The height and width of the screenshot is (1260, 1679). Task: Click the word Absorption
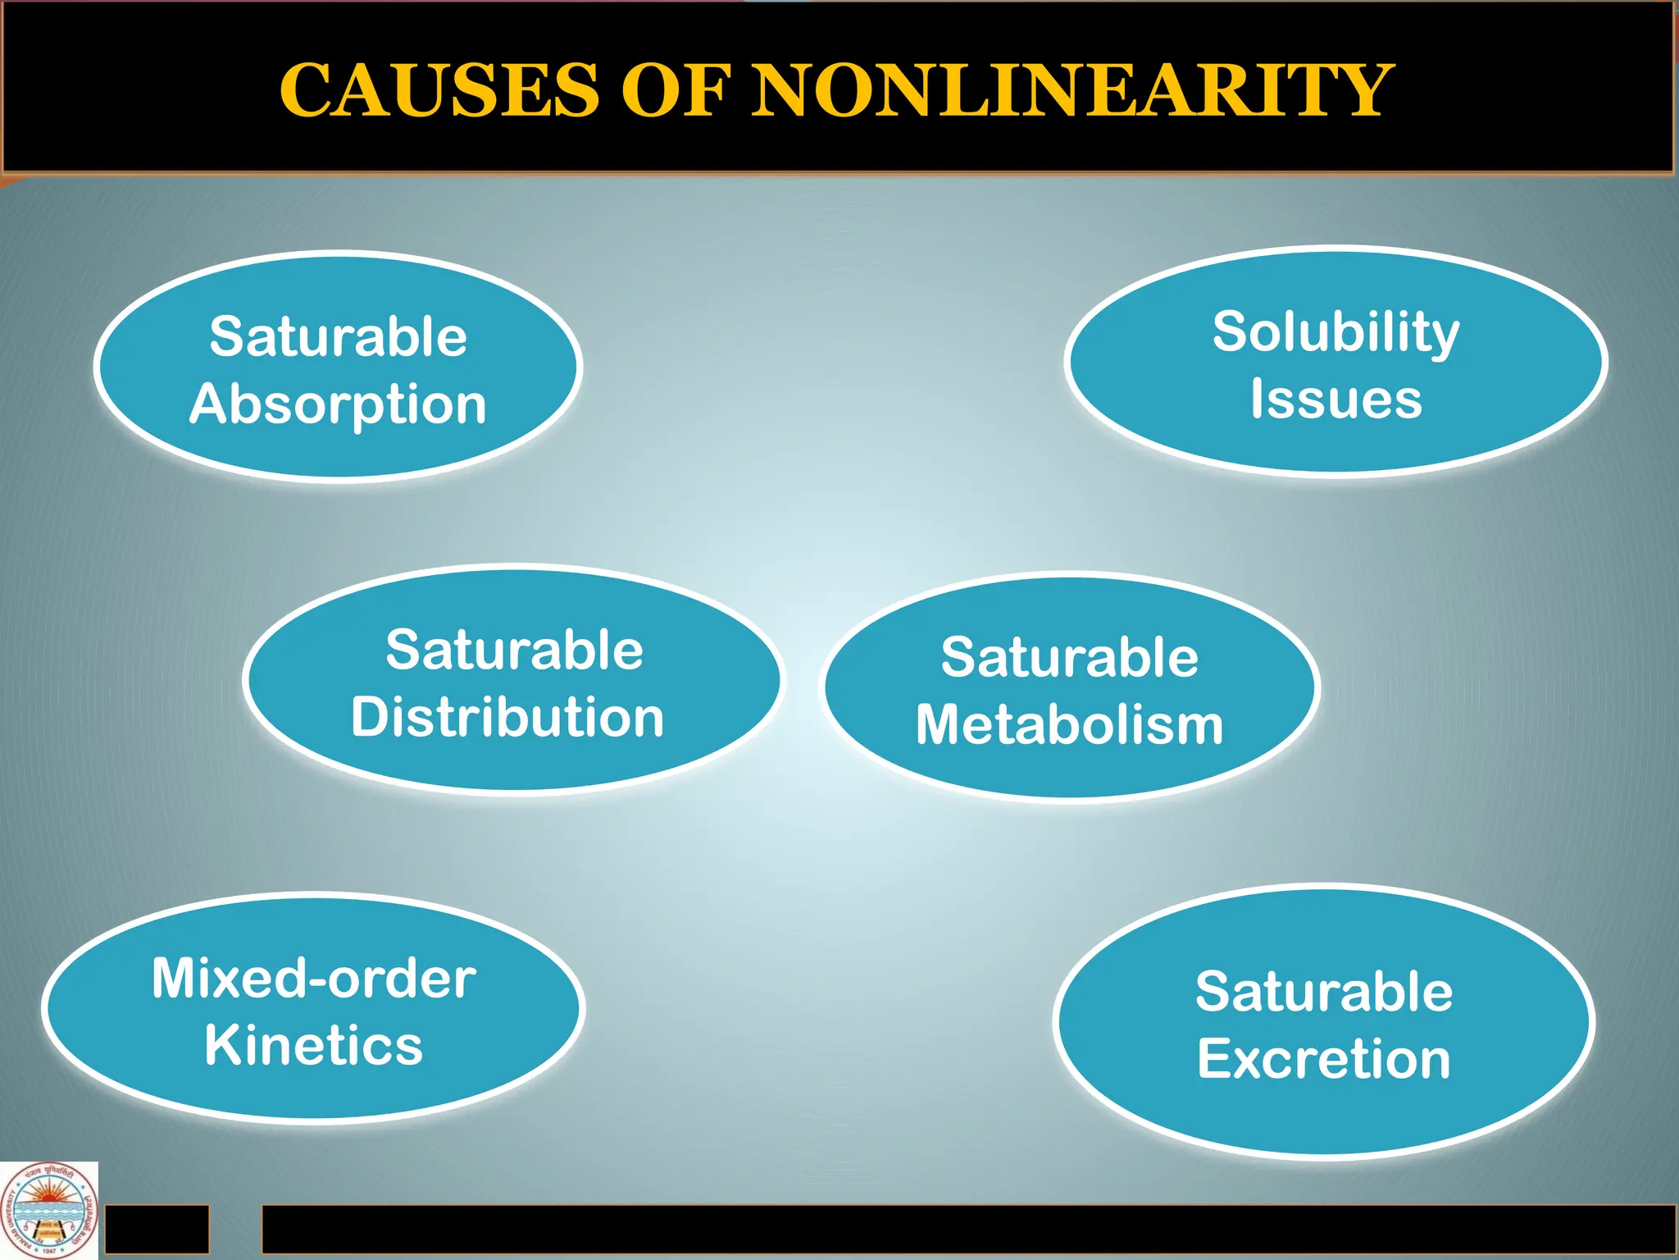pyautogui.click(x=338, y=404)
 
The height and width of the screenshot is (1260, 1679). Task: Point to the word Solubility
pyautogui.click(x=1335, y=332)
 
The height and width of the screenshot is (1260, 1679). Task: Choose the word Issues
pyautogui.click(x=1335, y=399)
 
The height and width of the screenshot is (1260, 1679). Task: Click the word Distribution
pyautogui.click(x=507, y=717)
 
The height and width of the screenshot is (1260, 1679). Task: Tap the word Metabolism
pyautogui.click(x=1069, y=725)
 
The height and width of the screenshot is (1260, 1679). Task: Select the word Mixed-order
pyautogui.click(x=313, y=979)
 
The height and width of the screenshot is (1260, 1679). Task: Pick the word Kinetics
pyautogui.click(x=313, y=1045)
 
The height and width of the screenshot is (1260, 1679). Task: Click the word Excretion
pyautogui.click(x=1323, y=1058)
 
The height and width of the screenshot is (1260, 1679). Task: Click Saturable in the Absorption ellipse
pyautogui.click(x=338, y=336)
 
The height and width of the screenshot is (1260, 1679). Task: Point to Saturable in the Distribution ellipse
pyautogui.click(x=514, y=650)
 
